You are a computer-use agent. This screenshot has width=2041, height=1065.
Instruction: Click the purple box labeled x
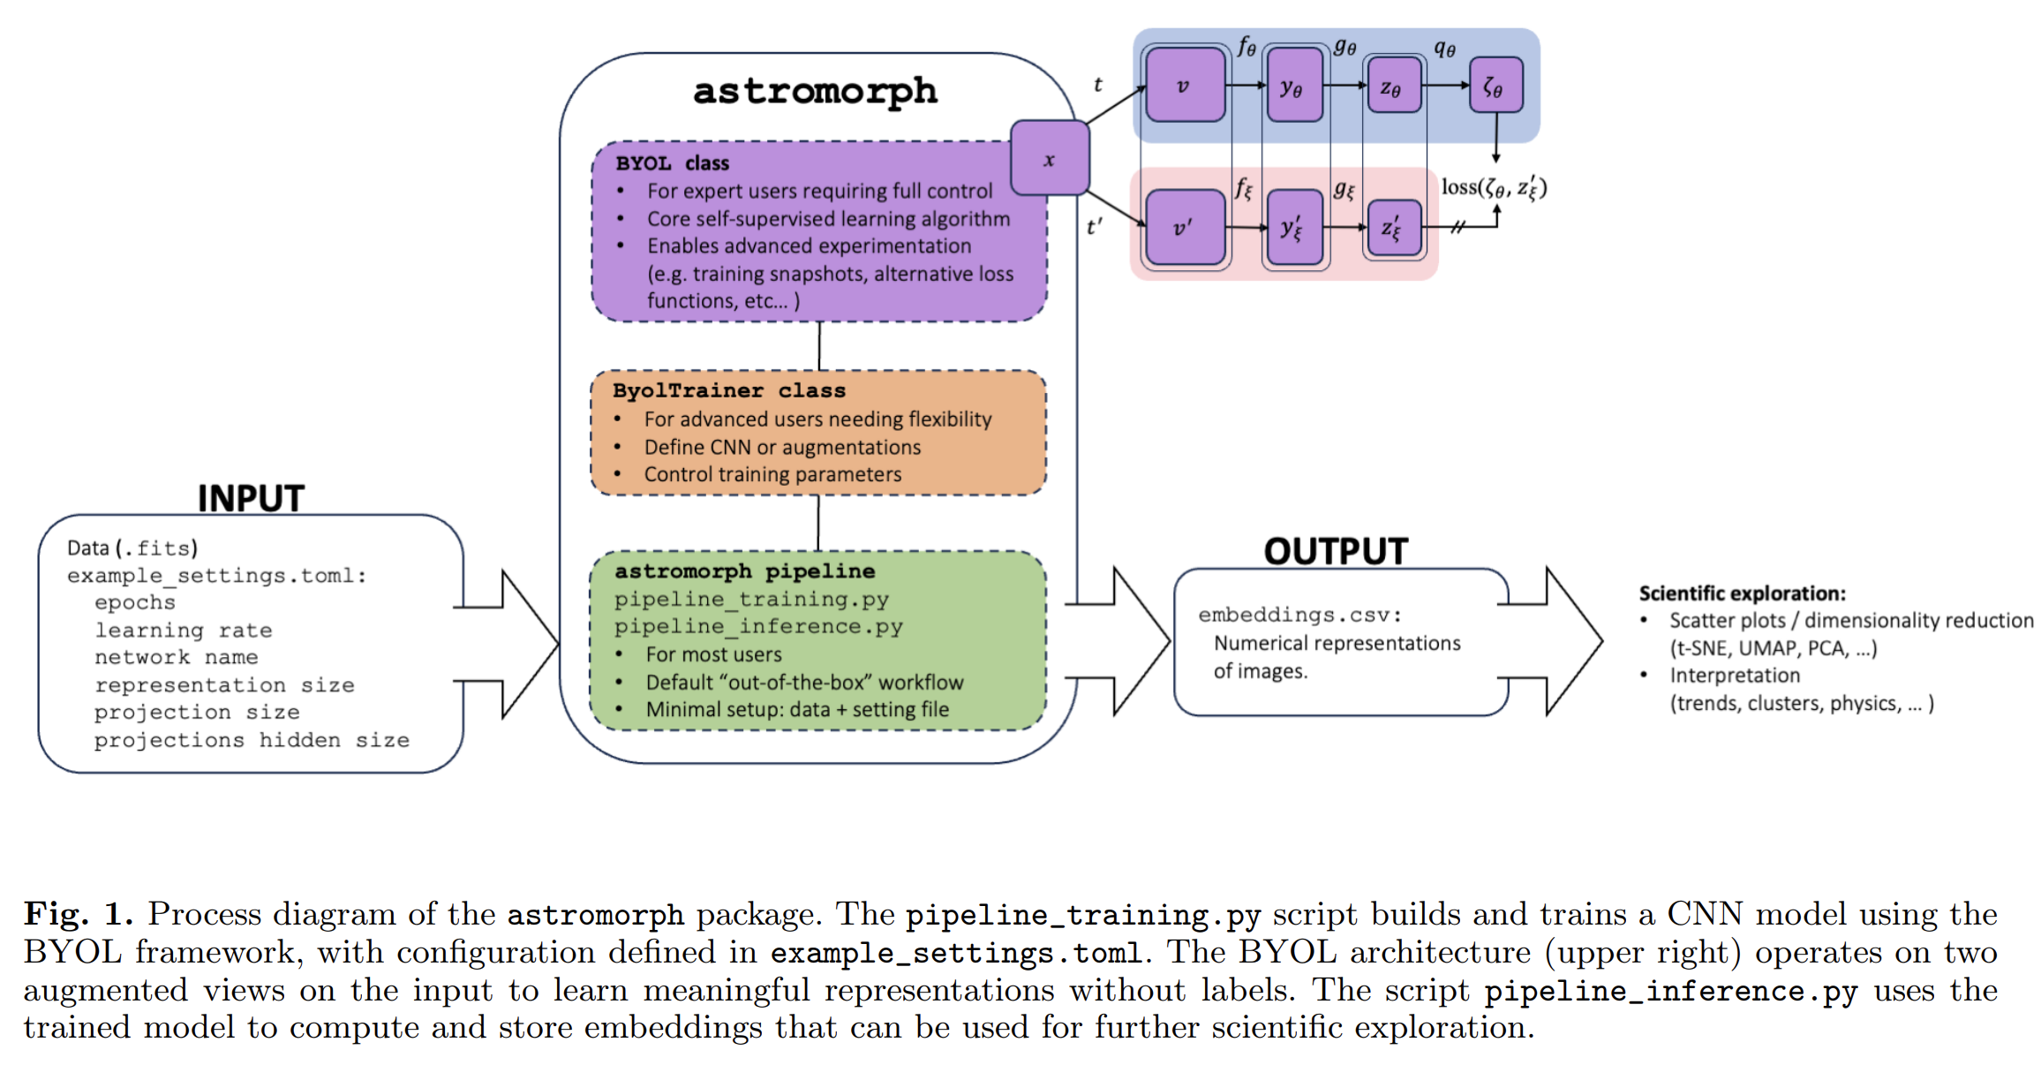click(1049, 159)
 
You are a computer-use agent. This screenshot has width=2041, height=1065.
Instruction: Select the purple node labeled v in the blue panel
click(1184, 86)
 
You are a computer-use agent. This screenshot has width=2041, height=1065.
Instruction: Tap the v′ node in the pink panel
click(1184, 228)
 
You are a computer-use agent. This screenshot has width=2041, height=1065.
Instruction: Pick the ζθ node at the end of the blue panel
click(1495, 86)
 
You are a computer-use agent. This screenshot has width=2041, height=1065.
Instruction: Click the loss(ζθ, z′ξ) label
click(1493, 187)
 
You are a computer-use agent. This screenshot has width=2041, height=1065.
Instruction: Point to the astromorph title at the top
click(815, 91)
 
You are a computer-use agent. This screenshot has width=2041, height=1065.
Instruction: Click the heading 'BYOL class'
click(672, 163)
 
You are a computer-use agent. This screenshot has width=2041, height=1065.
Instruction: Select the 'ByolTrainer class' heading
click(728, 390)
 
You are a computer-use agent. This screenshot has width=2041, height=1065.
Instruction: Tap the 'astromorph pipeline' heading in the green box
click(744, 571)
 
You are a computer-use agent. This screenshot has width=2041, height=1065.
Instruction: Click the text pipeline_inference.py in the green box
click(758, 626)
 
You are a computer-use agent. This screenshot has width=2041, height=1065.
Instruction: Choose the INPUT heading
click(251, 499)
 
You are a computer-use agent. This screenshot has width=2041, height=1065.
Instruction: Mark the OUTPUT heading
click(1335, 552)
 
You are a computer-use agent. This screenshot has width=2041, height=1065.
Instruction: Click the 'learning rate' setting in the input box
click(184, 631)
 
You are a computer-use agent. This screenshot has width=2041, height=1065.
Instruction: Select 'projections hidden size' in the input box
click(252, 740)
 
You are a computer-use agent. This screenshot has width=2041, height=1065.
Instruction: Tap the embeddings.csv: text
click(1299, 615)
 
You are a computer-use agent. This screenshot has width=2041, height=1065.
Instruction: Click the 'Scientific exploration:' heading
click(1742, 593)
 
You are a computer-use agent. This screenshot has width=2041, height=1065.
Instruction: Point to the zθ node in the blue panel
click(1392, 87)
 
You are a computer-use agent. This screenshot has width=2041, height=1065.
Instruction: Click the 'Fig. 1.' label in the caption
click(78, 914)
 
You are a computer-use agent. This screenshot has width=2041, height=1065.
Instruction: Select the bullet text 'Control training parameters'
click(772, 474)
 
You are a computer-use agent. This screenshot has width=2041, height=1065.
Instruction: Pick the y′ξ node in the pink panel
click(1292, 229)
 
